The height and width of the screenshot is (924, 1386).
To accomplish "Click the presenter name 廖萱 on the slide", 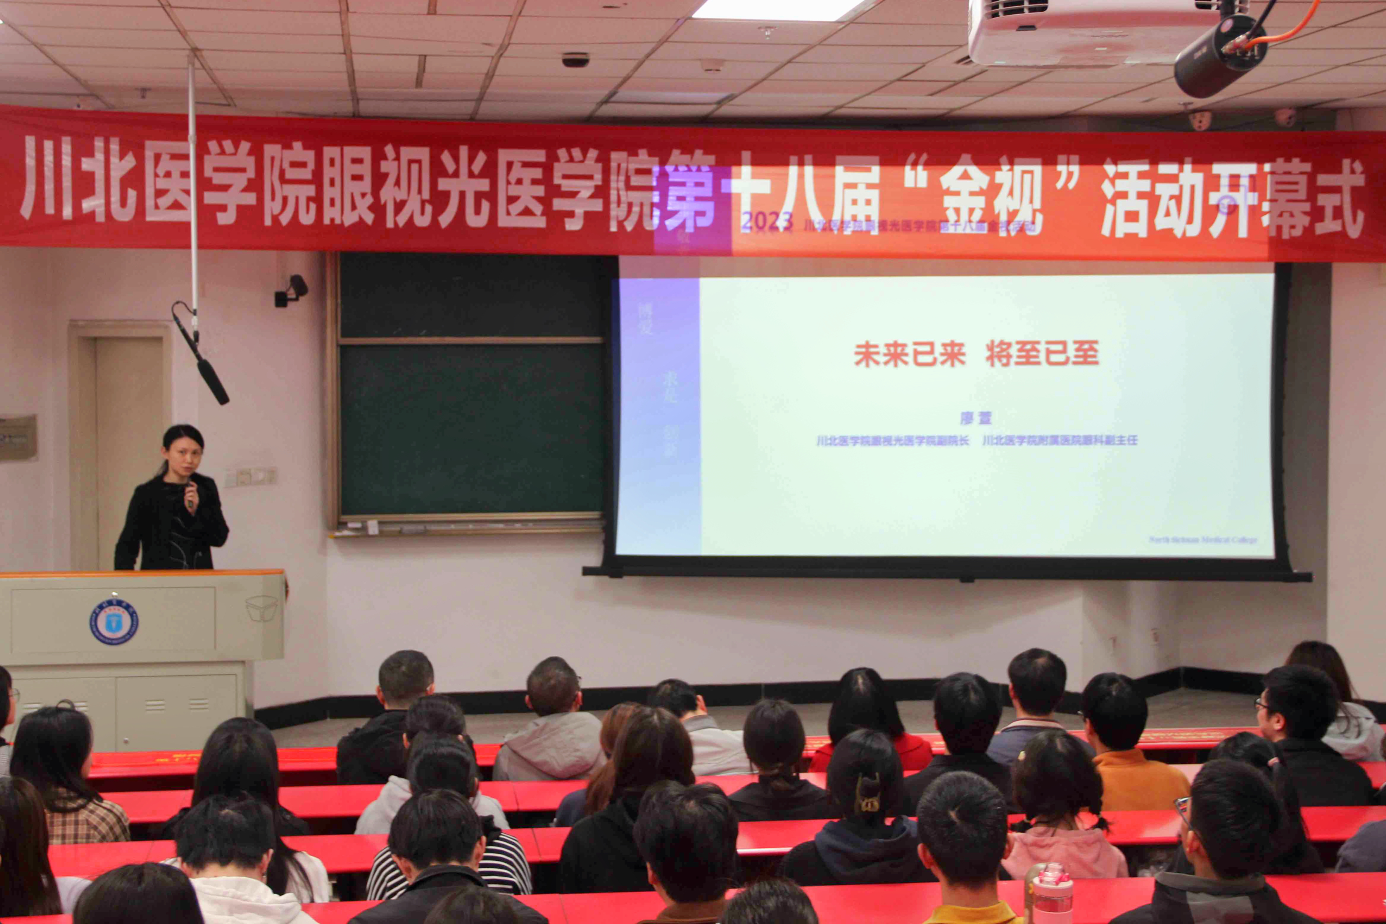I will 976,418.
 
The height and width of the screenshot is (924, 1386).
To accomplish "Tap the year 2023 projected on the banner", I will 767,223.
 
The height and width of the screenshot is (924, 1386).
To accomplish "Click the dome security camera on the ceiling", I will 575,59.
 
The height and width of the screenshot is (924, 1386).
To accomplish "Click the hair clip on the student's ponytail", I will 867,793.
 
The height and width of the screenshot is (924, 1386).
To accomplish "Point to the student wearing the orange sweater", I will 1130,760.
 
